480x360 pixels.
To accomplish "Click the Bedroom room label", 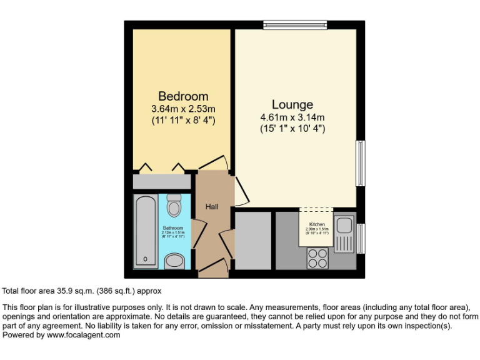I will (x=183, y=96).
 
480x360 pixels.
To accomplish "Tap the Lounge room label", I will (x=292, y=104).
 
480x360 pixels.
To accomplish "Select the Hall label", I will (x=212, y=206).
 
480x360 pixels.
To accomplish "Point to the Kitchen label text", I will (x=317, y=224).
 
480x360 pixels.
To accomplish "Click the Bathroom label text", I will (x=173, y=228).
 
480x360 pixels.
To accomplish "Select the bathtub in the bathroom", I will (x=146, y=231).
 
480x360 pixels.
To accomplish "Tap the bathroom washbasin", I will (x=174, y=261).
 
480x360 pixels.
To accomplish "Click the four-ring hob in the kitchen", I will (x=317, y=258).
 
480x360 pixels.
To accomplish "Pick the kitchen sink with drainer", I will (x=344, y=234).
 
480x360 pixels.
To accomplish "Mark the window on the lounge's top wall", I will (x=295, y=25).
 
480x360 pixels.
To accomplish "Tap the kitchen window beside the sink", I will (x=361, y=238).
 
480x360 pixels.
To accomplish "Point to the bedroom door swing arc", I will (x=214, y=161).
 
